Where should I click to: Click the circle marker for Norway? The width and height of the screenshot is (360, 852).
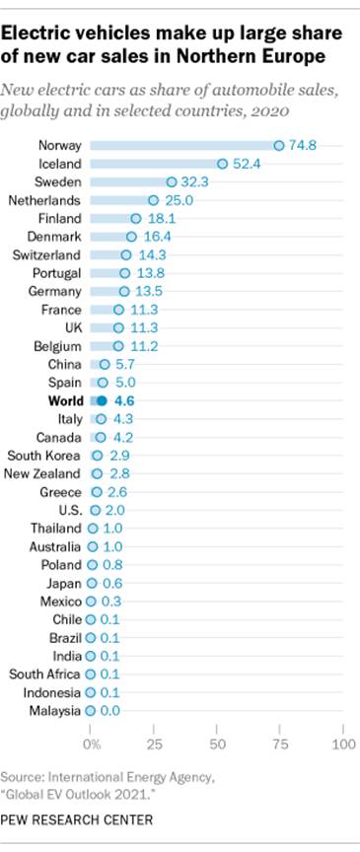click(x=279, y=145)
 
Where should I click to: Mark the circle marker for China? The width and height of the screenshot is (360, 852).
click(x=105, y=364)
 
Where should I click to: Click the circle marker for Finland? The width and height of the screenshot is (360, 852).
click(x=136, y=218)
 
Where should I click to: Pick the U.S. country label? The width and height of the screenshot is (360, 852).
click(x=68, y=510)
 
